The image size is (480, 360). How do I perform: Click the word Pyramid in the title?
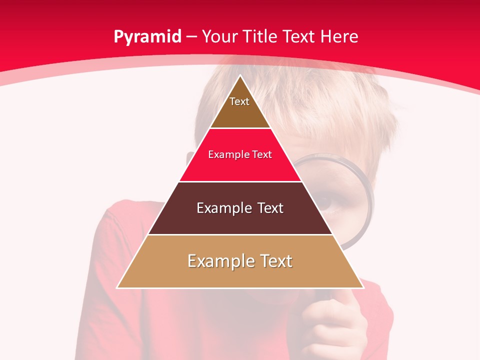pos(147,36)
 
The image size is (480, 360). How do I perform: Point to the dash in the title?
pos(191,37)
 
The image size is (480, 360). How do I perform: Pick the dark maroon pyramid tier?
pos(240,220)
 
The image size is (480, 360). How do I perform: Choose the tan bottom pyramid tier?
pos(240,275)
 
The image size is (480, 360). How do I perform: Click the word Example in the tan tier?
pos(219,261)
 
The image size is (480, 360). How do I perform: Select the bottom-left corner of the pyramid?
pos(117,287)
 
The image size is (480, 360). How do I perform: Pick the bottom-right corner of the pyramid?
pos(363,287)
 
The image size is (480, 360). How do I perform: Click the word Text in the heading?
pos(299,36)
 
